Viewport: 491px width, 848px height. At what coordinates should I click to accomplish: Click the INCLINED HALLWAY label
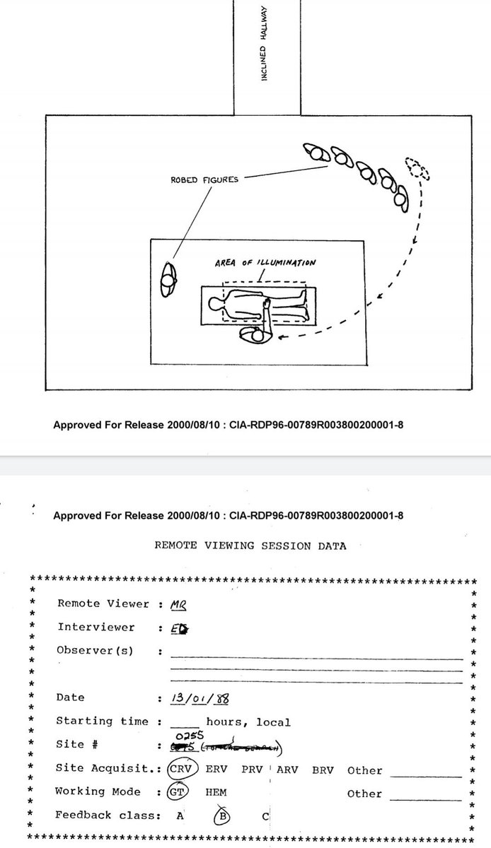(x=264, y=52)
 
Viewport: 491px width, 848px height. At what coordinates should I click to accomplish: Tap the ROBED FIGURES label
(x=204, y=179)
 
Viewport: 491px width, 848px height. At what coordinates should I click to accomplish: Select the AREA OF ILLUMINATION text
(x=265, y=263)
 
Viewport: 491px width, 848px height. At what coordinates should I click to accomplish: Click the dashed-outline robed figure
(x=417, y=167)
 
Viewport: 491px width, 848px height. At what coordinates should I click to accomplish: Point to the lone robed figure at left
(x=168, y=279)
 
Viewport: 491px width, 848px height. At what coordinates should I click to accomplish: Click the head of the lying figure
(x=215, y=305)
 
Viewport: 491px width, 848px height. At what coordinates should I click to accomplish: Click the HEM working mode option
(x=216, y=793)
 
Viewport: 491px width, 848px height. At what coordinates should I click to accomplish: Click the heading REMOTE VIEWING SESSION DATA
(x=250, y=546)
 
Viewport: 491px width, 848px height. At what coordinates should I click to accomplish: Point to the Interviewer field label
(x=96, y=628)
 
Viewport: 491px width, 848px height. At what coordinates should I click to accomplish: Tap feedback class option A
(x=180, y=815)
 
